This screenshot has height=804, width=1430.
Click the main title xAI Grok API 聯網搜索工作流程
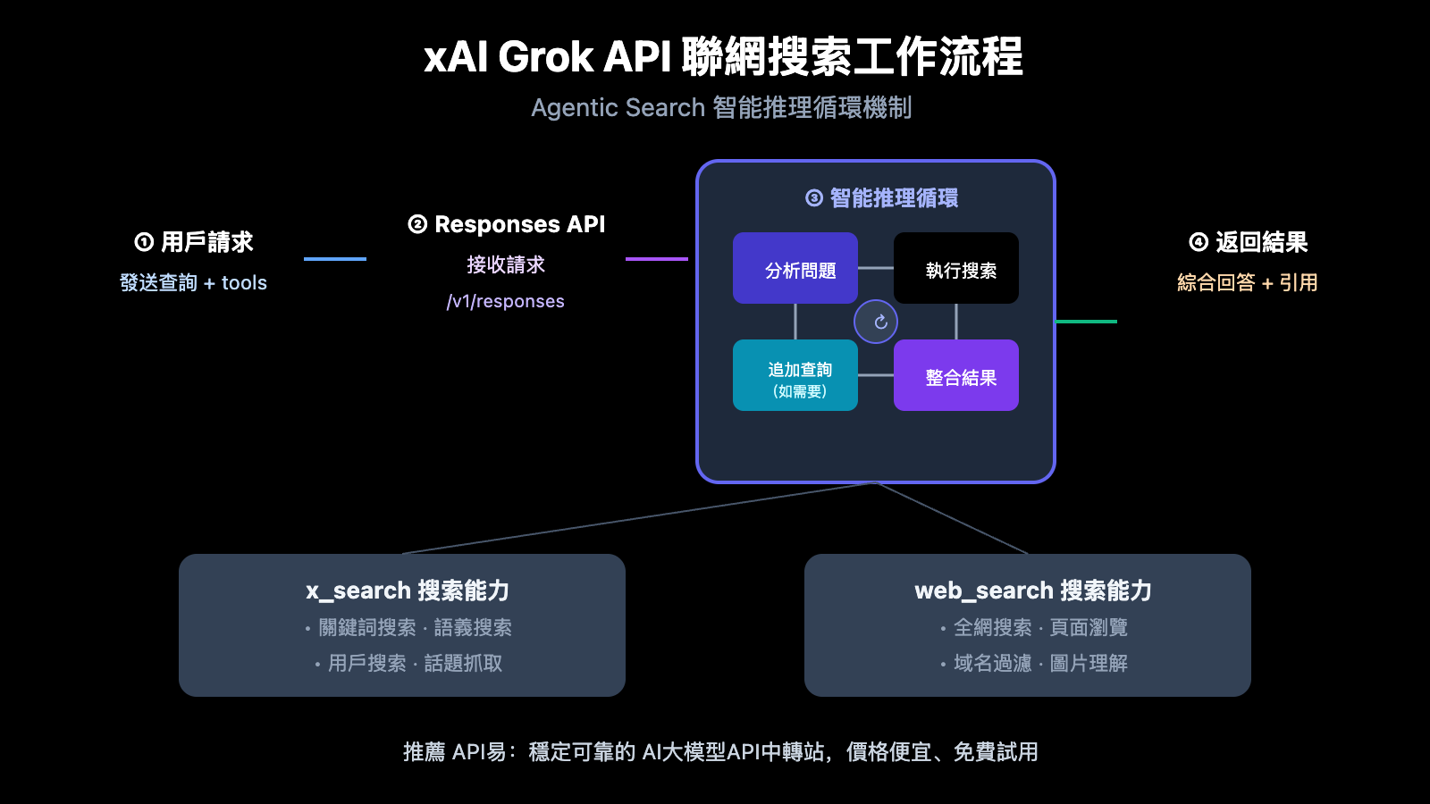pos(722,57)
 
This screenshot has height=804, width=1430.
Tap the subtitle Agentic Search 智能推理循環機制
pos(721,108)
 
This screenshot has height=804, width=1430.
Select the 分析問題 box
pos(795,269)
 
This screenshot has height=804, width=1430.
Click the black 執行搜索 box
pos(956,269)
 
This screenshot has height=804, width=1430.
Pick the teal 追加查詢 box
pos(795,376)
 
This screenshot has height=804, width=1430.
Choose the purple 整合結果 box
pos(956,376)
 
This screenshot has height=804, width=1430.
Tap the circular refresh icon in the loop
pos(876,322)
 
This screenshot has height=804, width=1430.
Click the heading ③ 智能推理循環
pos(881,198)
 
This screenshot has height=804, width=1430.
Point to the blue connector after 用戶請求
pos(335,259)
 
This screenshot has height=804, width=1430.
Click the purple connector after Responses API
pos(657,259)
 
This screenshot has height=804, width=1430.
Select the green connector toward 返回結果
pos(1086,322)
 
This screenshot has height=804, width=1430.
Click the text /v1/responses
pos(506,302)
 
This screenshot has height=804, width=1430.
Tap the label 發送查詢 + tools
pos(194,283)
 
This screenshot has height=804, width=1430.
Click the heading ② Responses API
pos(507,224)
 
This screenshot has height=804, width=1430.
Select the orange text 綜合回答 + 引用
pos(1248,283)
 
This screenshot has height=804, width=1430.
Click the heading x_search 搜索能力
pos(408,590)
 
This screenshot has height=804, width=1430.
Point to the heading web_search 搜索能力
pos(1033,590)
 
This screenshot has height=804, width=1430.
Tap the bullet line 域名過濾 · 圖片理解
pos(1037,664)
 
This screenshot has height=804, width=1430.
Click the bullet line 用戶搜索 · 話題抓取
pos(411,664)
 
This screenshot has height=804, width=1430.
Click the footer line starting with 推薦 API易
pos(720,752)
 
